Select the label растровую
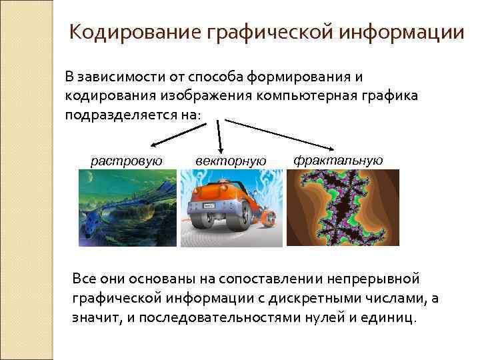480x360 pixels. (x=127, y=161)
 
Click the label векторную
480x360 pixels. (x=231, y=161)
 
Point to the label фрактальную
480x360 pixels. (x=338, y=160)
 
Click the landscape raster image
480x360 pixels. (x=127, y=208)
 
